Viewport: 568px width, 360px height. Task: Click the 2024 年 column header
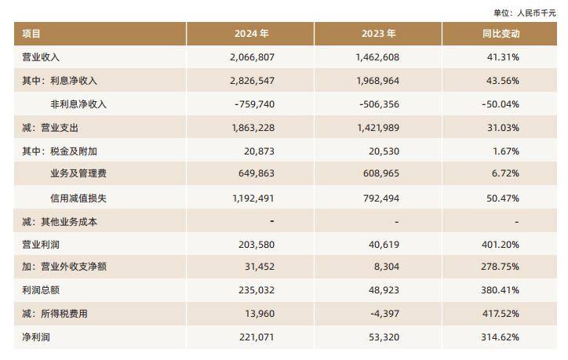252,34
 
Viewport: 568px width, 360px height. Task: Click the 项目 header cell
32,34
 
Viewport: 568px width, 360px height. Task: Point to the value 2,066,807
253,57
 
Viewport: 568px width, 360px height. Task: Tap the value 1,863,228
253,128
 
